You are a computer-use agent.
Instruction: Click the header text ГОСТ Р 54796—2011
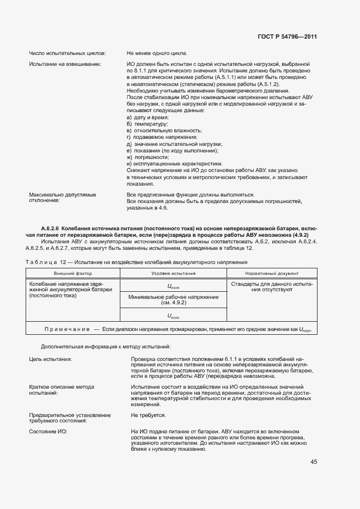(x=287, y=36)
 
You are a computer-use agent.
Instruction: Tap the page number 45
(x=314, y=462)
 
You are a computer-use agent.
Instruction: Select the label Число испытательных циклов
(x=67, y=53)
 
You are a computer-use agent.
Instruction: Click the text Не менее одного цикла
(x=157, y=53)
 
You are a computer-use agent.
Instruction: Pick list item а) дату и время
(x=148, y=118)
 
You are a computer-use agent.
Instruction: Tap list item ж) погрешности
(x=148, y=157)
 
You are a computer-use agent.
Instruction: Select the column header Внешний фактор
(x=72, y=273)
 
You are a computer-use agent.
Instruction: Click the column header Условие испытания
(x=173, y=273)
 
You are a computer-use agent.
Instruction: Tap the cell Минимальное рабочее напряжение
(x=173, y=297)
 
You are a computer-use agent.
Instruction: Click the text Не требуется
(x=148, y=415)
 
